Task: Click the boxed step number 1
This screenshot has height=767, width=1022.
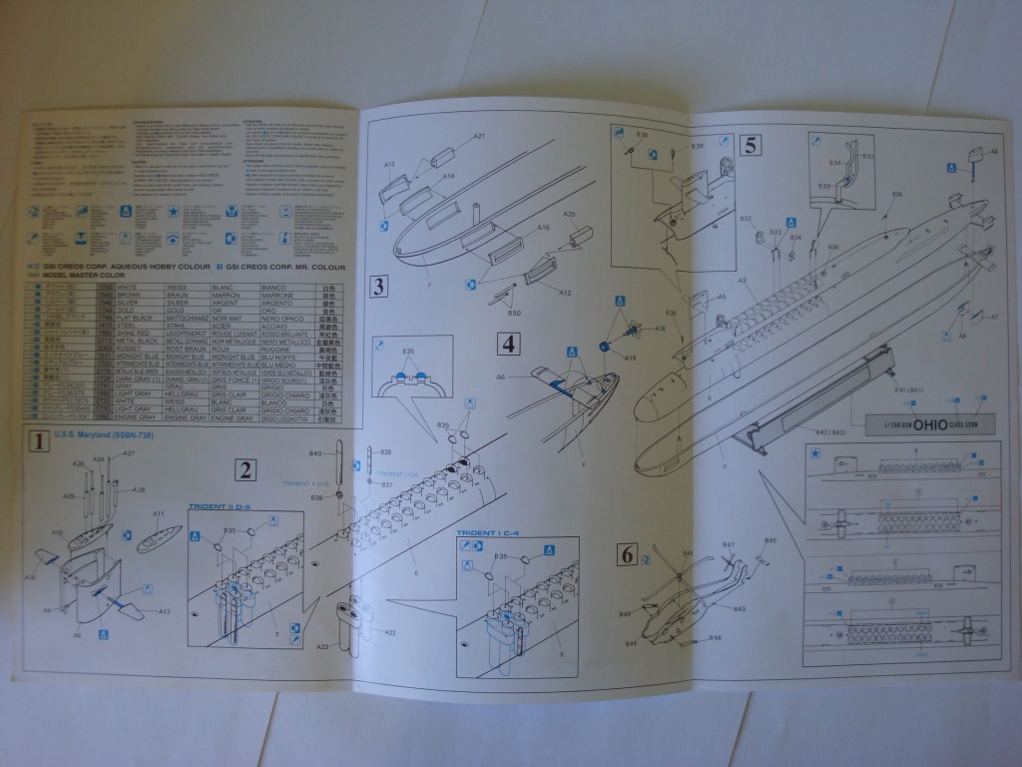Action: [x=37, y=440]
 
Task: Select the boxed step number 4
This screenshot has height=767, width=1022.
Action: [x=510, y=345]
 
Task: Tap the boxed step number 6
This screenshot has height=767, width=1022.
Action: [x=627, y=554]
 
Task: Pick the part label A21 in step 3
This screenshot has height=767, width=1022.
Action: [x=479, y=136]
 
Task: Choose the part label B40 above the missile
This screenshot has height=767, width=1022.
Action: [x=316, y=455]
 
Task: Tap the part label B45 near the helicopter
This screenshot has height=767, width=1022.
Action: [x=769, y=540]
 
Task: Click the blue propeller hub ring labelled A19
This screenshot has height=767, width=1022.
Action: [x=605, y=346]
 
